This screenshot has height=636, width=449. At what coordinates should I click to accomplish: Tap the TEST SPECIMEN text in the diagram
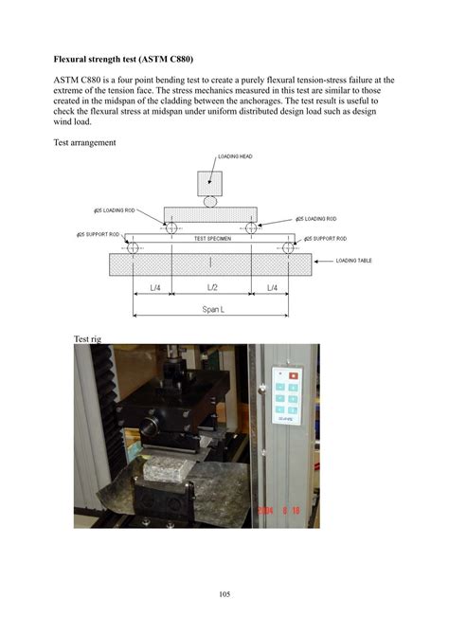213,238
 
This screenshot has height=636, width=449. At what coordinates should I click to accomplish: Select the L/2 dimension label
213,287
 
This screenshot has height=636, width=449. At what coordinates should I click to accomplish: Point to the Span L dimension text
212,309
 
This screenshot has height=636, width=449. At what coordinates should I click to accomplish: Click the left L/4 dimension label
153,287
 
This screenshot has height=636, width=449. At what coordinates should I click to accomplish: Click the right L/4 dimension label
272,287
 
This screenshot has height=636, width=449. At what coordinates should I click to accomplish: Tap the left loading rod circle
172,227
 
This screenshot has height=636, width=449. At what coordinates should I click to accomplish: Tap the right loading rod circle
251,227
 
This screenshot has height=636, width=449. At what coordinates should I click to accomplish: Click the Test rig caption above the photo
87,338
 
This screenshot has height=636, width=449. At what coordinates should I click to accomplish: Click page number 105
224,594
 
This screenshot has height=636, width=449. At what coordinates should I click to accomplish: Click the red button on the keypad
294,375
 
